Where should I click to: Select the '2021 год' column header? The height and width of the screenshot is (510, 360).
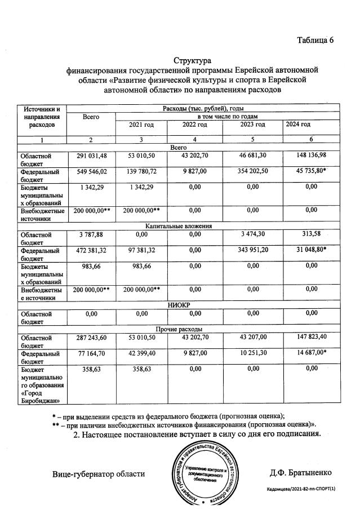142,125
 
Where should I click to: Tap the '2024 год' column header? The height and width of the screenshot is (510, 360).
298,124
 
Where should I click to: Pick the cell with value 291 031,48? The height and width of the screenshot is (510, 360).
91,155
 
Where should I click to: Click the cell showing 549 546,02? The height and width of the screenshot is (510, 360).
91,171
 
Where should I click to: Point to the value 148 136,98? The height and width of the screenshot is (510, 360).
308,155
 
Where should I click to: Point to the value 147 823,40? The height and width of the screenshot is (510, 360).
308,336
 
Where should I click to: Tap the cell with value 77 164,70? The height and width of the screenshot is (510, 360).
91,352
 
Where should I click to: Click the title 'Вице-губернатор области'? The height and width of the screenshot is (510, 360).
99,473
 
